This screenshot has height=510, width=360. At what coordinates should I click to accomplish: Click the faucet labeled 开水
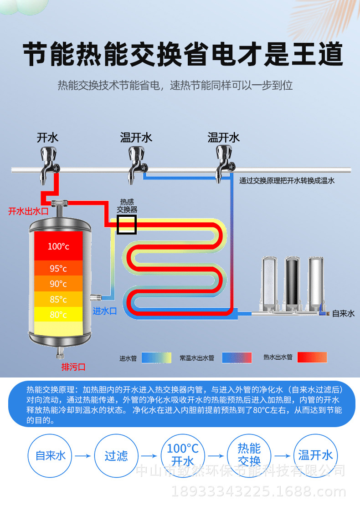pyautogui.click(x=48, y=163)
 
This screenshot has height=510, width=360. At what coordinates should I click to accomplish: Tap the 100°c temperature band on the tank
pyautogui.click(x=58, y=246)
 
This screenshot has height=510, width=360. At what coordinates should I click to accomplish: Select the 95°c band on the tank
pyautogui.click(x=58, y=268)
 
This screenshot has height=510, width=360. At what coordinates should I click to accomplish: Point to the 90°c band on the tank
pyautogui.click(x=58, y=284)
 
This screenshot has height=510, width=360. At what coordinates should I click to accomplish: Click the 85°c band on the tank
pyautogui.click(x=58, y=299)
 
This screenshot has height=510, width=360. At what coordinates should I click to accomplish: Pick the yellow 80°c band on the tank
pyautogui.click(x=58, y=314)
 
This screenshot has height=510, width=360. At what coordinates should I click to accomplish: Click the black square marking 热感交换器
pyautogui.click(x=127, y=224)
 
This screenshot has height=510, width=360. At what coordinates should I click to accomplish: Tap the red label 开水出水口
pyautogui.click(x=28, y=211)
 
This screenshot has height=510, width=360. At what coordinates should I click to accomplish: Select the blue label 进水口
pyautogui.click(x=105, y=311)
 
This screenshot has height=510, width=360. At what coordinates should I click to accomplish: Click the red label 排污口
pyautogui.click(x=74, y=367)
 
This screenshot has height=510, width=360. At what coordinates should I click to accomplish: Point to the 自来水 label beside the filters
pyautogui.click(x=343, y=313)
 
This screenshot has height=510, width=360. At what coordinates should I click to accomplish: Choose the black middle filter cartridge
pyautogui.click(x=292, y=283)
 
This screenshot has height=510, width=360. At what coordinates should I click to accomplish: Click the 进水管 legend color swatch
pyautogui.click(x=156, y=357)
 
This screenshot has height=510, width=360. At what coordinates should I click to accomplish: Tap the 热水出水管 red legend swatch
pyautogui.click(x=312, y=357)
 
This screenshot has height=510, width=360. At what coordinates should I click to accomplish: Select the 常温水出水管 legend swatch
pyautogui.click(x=237, y=357)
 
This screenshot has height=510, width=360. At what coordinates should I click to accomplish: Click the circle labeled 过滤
pyautogui.click(x=116, y=456)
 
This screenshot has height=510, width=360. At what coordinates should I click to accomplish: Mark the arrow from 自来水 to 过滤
pyautogui.click(x=83, y=456)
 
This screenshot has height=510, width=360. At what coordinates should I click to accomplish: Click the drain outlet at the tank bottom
pyautogui.click(x=59, y=353)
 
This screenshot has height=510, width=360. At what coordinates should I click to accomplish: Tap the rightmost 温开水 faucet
pyautogui.click(x=223, y=163)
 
